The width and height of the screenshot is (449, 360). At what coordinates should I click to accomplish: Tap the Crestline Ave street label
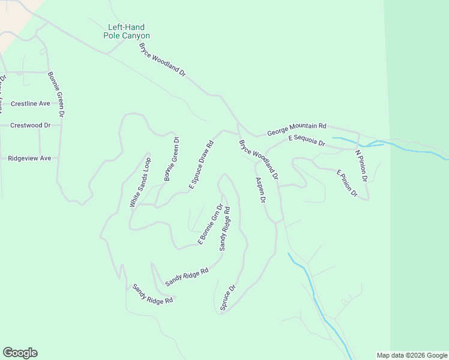[x=30, y=103]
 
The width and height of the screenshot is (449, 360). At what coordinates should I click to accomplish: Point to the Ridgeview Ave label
[x=29, y=158]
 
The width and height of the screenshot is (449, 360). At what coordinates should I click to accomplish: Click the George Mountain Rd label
[x=297, y=127]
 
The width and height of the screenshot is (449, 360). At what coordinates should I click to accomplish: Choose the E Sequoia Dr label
[x=306, y=141]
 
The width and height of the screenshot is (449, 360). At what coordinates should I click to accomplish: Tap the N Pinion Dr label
[x=361, y=166]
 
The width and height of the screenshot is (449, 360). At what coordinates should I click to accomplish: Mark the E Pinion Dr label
[x=347, y=184]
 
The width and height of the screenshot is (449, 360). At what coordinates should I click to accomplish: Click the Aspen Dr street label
[x=261, y=191]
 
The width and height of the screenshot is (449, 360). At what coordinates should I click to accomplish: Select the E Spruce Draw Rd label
[x=202, y=166]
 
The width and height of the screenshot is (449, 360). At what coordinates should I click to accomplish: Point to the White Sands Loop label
[x=140, y=183]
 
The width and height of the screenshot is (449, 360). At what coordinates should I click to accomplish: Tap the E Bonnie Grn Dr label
[x=210, y=224]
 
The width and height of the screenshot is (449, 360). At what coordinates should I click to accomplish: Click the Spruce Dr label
[x=228, y=298]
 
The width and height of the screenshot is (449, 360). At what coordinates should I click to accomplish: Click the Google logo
[x=20, y=353]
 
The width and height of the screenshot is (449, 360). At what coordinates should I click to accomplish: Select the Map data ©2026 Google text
[x=412, y=355]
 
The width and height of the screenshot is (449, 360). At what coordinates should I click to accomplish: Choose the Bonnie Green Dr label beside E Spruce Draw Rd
[x=172, y=159]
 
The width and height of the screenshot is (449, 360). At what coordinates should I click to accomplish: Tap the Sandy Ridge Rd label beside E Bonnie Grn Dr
[x=225, y=229]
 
